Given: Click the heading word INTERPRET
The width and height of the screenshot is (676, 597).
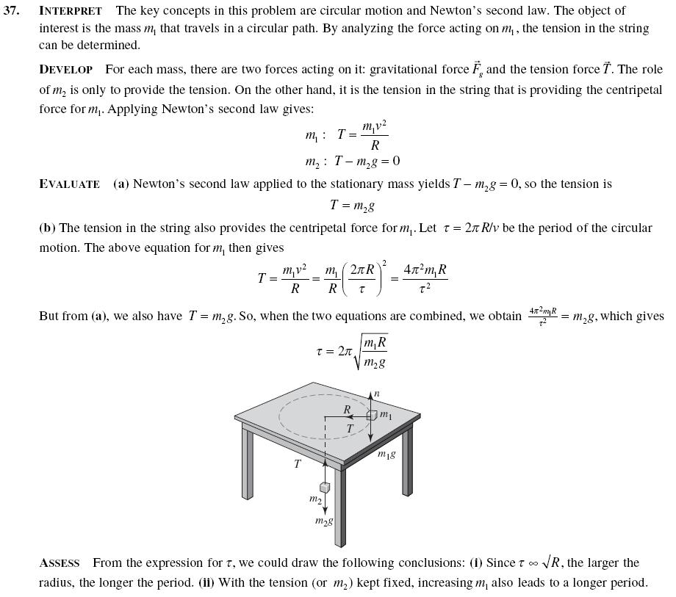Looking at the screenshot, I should point(70,11).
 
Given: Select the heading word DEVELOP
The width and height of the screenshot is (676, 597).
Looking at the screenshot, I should point(66,70).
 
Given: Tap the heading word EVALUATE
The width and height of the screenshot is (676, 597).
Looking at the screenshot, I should point(69,184).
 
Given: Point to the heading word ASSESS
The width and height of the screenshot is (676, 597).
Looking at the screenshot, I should point(59,563).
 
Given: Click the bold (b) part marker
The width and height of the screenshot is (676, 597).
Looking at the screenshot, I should point(48,228).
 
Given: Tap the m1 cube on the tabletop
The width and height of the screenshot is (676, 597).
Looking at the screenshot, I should point(371,415).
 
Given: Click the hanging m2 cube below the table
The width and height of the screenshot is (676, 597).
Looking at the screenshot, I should point(324,488).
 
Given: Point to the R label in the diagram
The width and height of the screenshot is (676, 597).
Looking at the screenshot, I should point(347,409).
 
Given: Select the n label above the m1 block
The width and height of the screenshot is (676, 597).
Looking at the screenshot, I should point(377,394).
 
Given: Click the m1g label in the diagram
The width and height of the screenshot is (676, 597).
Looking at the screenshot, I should point(386,455).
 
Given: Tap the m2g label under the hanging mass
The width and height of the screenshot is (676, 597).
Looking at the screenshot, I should point(323,521).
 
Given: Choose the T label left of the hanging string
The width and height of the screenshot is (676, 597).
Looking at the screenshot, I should point(297,463).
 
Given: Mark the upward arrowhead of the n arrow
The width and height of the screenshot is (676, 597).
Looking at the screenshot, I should point(370,397).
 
